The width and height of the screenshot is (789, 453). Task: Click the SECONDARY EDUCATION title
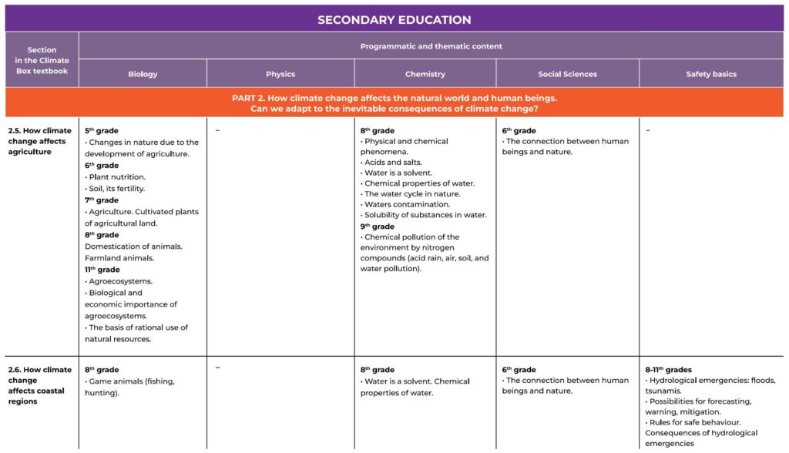point(394,20)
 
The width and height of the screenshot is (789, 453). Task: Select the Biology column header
point(143,74)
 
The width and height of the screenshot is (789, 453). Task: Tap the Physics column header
point(280,74)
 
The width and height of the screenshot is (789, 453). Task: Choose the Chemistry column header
point(425,74)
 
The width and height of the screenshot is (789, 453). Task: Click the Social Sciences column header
point(567,74)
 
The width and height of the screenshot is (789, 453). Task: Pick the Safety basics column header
point(710,74)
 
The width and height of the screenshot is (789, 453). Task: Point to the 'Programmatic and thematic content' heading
point(431,46)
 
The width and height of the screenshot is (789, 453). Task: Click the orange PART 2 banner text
point(394,103)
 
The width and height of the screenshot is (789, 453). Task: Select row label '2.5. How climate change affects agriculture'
point(39,141)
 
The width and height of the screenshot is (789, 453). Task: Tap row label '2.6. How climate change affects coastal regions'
point(39,385)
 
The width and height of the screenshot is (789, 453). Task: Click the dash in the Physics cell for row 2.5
point(217,131)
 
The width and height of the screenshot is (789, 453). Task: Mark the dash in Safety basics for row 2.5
point(648,131)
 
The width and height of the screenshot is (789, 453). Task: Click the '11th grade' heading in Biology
point(102,270)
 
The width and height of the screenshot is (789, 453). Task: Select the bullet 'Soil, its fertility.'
point(116,189)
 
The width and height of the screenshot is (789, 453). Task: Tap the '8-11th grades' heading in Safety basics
point(668,370)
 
